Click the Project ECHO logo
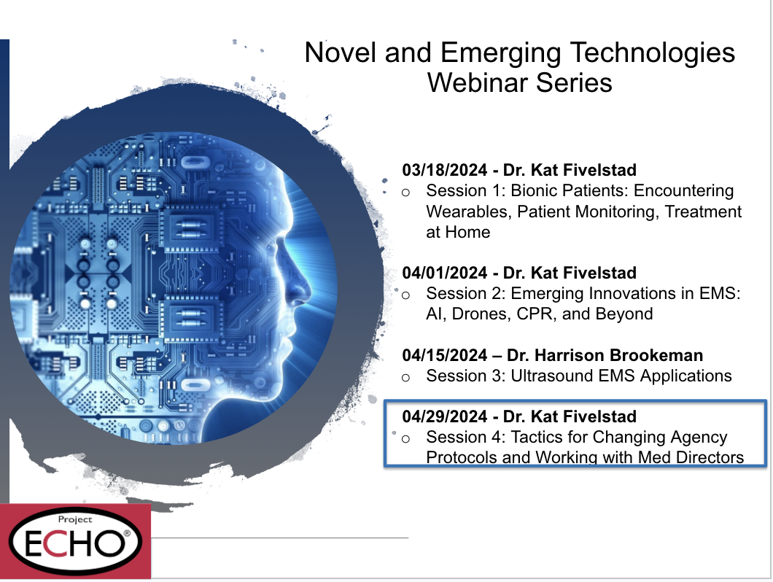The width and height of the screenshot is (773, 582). pyautogui.click(x=75, y=541)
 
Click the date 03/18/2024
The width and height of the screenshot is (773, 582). pyautogui.click(x=445, y=170)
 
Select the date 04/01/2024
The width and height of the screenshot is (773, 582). pyautogui.click(x=445, y=273)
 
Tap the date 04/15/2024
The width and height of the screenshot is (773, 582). pyautogui.click(x=445, y=355)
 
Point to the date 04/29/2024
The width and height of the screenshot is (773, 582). pyautogui.click(x=445, y=416)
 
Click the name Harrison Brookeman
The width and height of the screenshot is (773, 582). pyautogui.click(x=618, y=355)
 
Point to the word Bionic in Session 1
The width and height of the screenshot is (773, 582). pyautogui.click(x=535, y=191)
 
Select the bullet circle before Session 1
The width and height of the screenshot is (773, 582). pyautogui.click(x=405, y=193)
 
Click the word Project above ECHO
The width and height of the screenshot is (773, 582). pyautogui.click(x=75, y=519)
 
